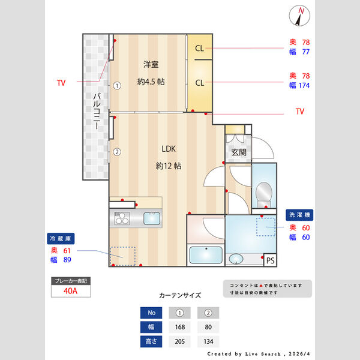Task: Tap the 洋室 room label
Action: coord(151,65)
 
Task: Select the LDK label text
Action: coord(168,149)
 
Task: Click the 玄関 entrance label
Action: coord(238,152)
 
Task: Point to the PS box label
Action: coord(270,260)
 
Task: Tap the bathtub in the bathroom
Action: coord(206,255)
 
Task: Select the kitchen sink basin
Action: coord(152,218)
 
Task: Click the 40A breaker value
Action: coord(71,291)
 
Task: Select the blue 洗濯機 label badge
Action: coord(300,214)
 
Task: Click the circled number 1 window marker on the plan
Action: coord(118,85)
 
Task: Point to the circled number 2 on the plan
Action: coord(118,152)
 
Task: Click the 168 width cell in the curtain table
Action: coord(179,328)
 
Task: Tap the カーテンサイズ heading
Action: coord(180,295)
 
